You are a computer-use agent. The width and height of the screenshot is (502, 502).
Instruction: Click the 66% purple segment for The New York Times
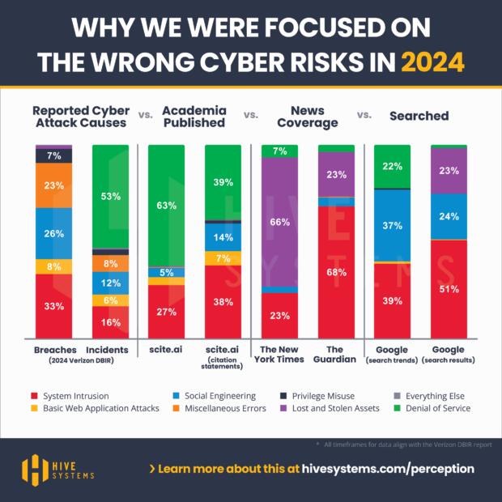[x=279, y=221]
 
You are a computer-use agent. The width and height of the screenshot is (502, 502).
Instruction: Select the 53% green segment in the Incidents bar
[x=110, y=196]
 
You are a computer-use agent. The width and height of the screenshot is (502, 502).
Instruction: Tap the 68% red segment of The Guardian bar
[x=336, y=272]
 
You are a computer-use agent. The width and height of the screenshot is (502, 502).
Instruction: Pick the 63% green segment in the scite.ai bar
[x=167, y=206]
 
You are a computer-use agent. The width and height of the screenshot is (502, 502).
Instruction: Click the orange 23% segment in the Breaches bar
[x=53, y=185]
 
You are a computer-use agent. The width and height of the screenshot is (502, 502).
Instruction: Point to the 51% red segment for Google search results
[x=448, y=289]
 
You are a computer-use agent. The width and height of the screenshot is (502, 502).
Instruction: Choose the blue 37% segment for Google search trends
[x=392, y=225]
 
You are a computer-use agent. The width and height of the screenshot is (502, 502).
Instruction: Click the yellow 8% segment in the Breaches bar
[x=53, y=266]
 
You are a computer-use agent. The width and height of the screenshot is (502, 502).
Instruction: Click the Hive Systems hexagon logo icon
[x=35, y=469]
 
